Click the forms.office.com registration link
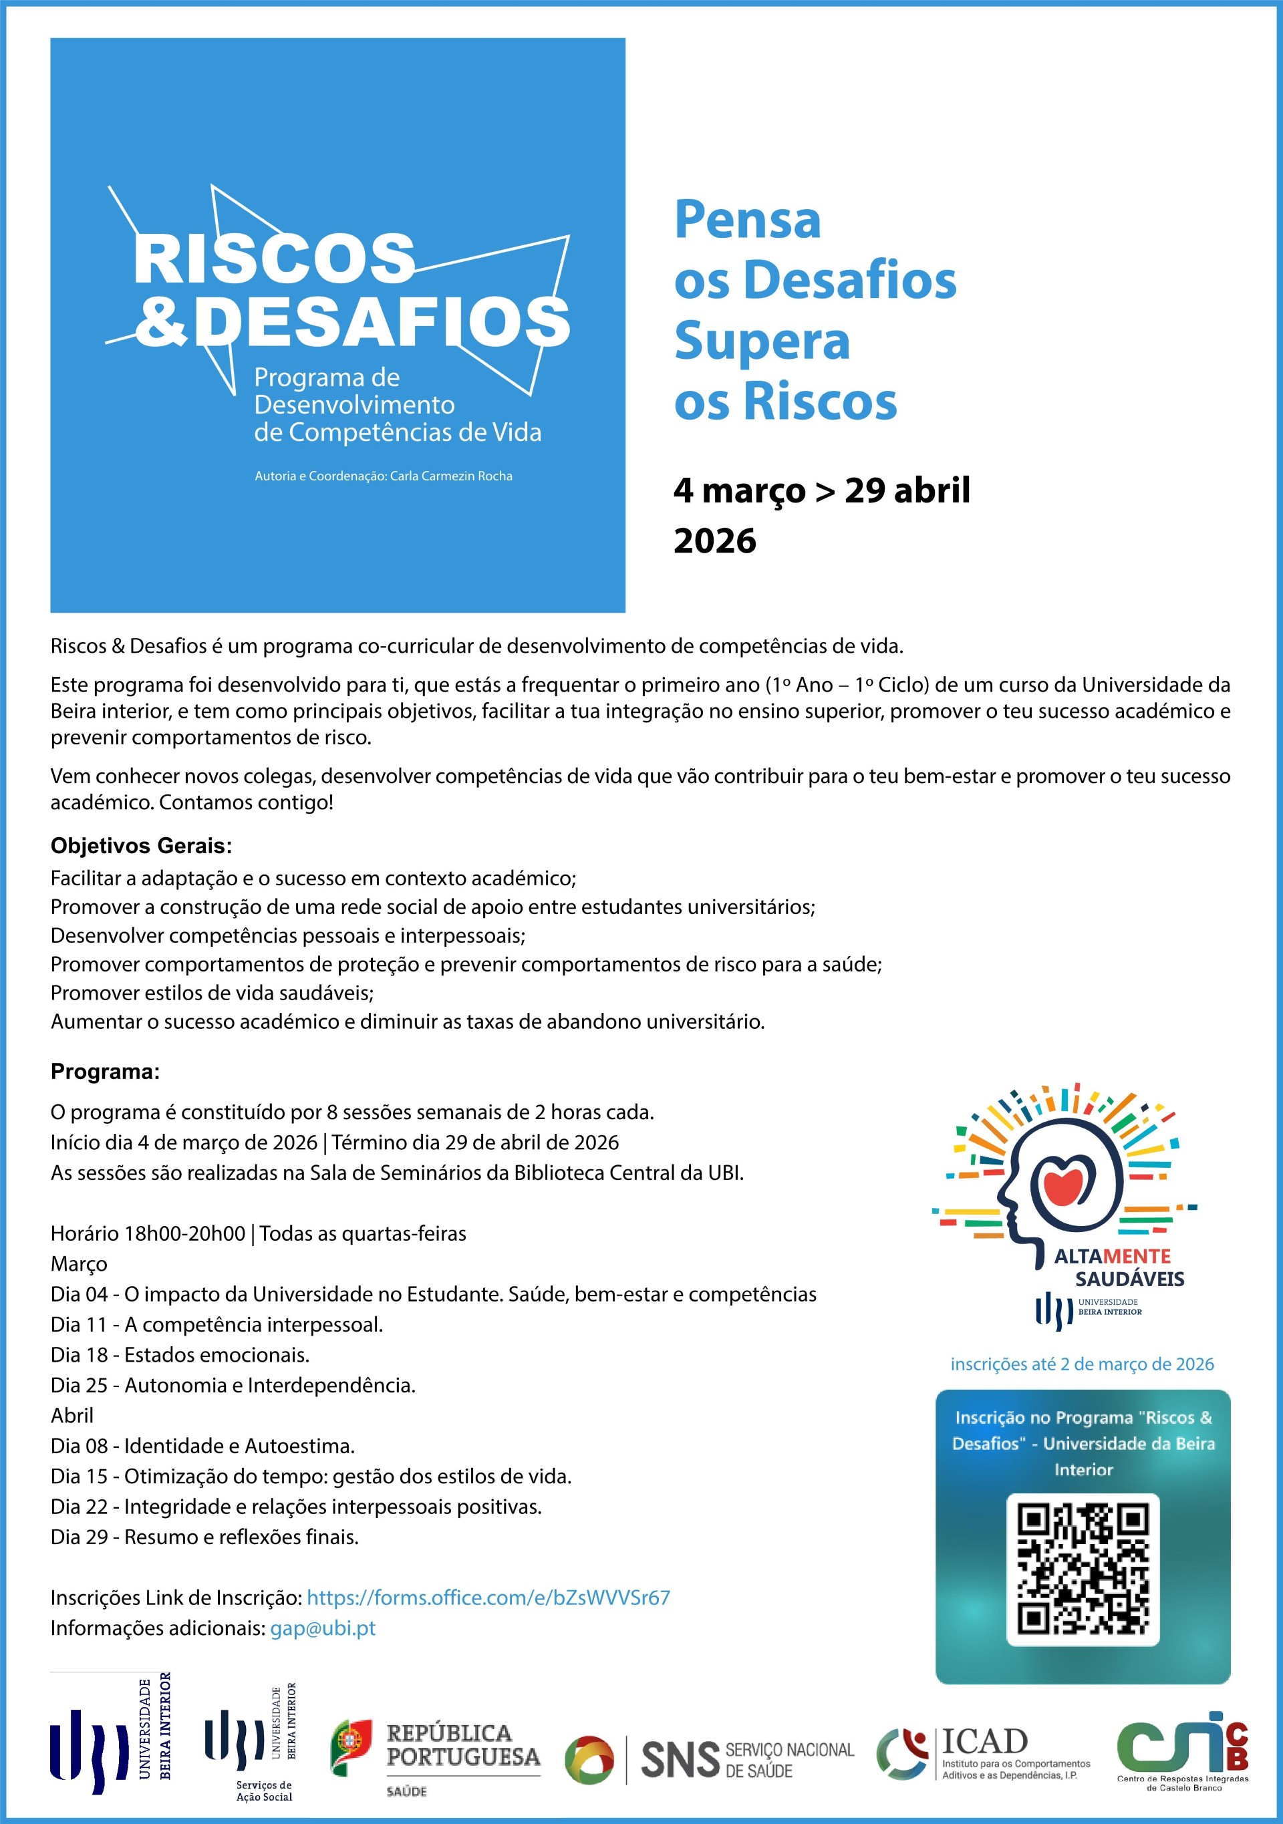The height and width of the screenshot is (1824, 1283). tap(488, 1598)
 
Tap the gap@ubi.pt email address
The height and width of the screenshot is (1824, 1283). tap(323, 1628)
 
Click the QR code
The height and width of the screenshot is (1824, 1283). tap(1083, 1569)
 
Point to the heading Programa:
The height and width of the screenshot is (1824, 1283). tap(106, 1072)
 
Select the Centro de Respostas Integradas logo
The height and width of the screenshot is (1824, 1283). tap(1182, 1752)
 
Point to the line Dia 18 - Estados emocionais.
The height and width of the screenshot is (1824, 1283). tap(180, 1354)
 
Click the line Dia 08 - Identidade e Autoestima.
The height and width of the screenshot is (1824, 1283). tap(202, 1445)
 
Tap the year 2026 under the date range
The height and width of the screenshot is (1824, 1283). tap(715, 541)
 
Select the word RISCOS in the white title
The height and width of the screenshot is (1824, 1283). tap(275, 259)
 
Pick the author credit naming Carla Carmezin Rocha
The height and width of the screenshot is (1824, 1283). tap(383, 476)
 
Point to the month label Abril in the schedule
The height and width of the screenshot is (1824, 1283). tap(72, 1415)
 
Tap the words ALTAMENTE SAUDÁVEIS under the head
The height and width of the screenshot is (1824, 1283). tap(1119, 1267)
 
